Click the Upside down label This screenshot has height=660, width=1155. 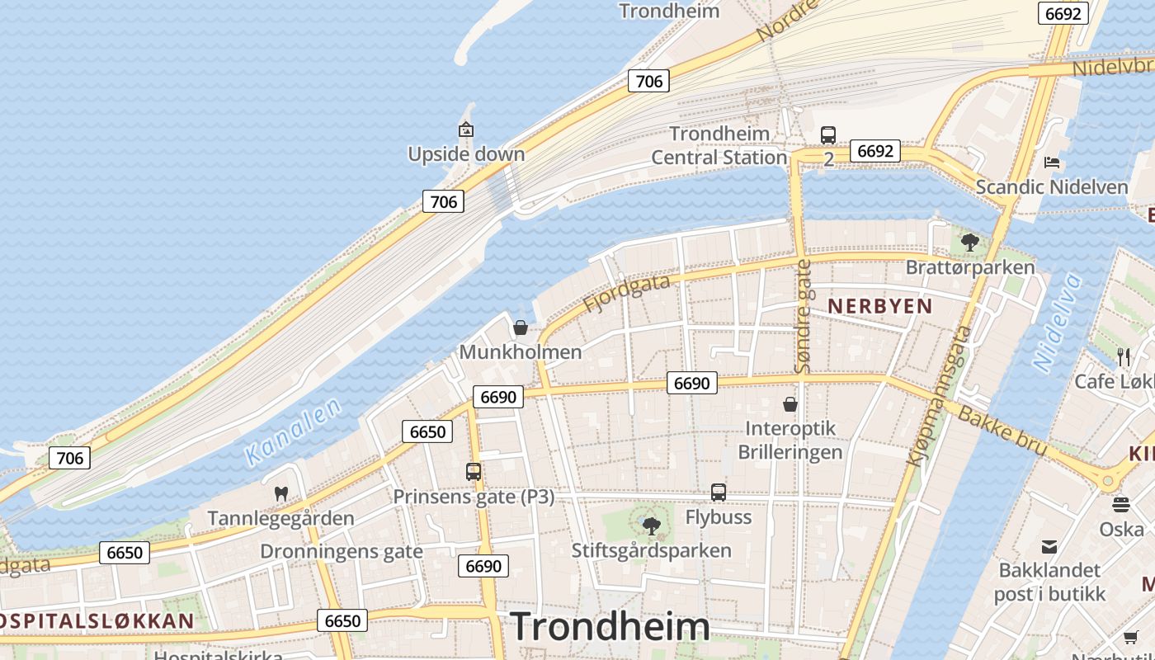pos(466,154)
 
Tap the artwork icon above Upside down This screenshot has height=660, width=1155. pos(466,130)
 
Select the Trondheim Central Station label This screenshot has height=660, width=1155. pos(719,145)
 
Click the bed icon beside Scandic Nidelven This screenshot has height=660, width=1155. pos(1052,162)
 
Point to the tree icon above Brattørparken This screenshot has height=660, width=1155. pos(970,243)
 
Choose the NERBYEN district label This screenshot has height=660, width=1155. pos(879,306)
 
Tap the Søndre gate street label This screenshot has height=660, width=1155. pos(803,316)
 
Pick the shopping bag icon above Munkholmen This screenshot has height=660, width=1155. pos(521,328)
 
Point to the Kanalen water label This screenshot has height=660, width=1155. pos(294,432)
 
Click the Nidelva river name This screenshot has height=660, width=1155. pos(1057,323)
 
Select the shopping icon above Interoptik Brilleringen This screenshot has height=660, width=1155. pos(790,404)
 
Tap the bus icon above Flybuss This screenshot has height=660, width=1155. pos(719,493)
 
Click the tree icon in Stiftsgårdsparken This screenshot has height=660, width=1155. pos(652,526)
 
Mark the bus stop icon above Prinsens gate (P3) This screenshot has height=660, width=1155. pos(474,472)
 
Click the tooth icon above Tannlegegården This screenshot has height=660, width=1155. pos(281,494)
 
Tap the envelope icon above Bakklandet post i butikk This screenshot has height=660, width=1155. pos(1049,546)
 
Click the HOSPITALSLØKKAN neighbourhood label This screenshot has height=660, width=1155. pos(97,621)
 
